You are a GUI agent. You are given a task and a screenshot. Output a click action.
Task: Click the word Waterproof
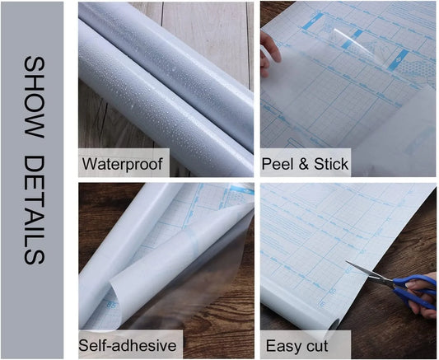click(x=123, y=163)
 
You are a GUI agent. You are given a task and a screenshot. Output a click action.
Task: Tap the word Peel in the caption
click(x=278, y=163)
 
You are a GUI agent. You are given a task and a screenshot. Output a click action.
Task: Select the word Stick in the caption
click(x=328, y=163)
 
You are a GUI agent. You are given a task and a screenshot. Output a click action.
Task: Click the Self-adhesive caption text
click(x=129, y=344)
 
